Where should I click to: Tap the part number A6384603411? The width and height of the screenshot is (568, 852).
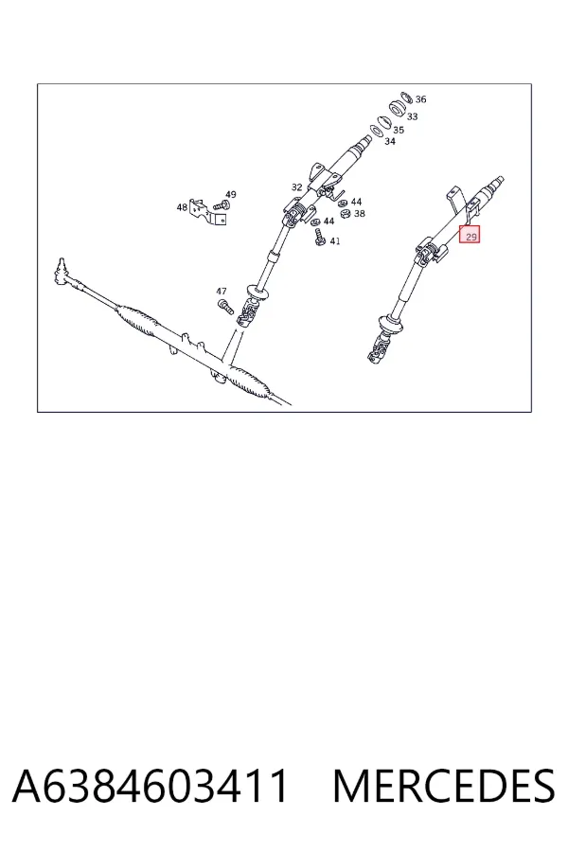[x=150, y=786]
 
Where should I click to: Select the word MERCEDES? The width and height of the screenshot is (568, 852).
[x=444, y=786]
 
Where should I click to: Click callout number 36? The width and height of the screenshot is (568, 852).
[x=420, y=99]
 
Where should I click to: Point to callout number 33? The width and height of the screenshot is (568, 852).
[x=412, y=116]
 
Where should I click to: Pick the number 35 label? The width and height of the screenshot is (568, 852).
[x=399, y=130]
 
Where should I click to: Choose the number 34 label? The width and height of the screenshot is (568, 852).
[x=390, y=141]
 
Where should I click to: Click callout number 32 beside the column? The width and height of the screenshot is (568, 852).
[x=296, y=187]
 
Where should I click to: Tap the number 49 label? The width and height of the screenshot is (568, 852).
[x=230, y=194]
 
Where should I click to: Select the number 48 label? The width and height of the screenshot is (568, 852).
[x=182, y=207]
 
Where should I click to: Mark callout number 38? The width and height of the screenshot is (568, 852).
[x=360, y=214]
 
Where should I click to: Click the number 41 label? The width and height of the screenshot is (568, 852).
[x=335, y=240]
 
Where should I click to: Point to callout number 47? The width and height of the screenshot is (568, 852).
[x=222, y=292]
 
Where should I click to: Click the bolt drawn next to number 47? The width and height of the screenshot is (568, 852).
[x=225, y=307]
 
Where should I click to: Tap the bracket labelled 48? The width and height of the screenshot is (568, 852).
[x=207, y=212]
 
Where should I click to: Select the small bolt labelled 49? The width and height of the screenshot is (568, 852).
[x=222, y=205]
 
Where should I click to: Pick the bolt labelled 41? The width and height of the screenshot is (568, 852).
[x=320, y=238]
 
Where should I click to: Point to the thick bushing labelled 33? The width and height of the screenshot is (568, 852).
[x=398, y=108]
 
